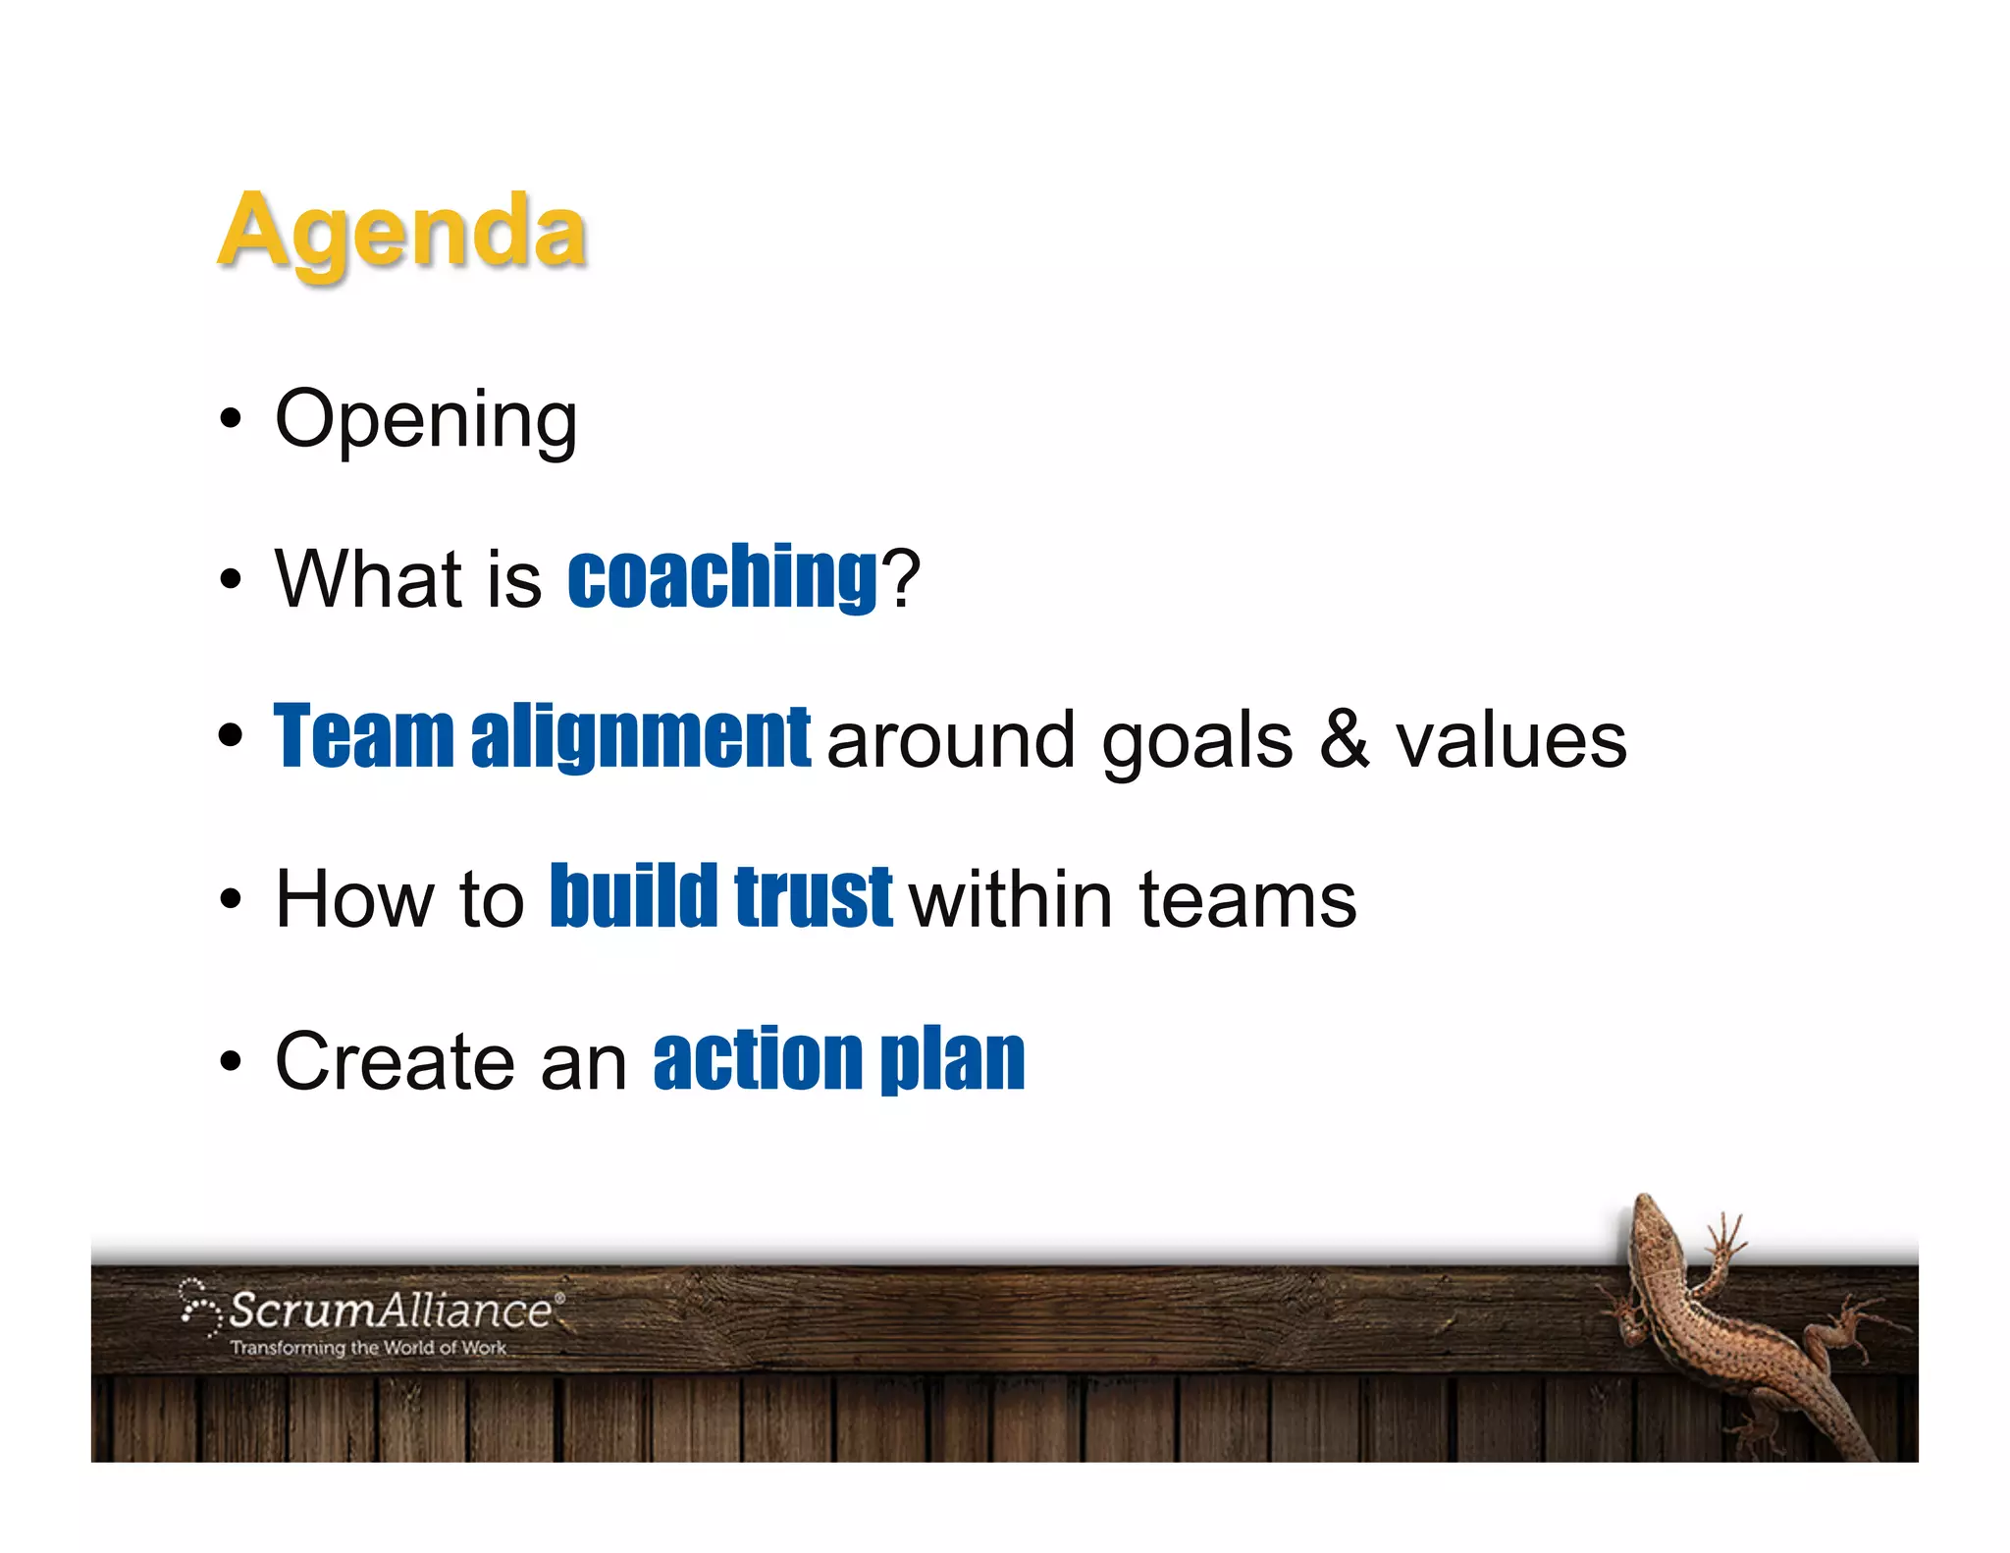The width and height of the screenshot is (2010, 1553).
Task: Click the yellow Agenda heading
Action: pyautogui.click(x=401, y=232)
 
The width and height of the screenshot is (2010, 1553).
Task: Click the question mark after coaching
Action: pyautogui.click(x=901, y=578)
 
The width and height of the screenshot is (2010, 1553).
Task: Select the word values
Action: pyautogui.click(x=1511, y=741)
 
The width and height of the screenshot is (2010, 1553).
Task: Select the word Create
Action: pyautogui.click(x=395, y=1061)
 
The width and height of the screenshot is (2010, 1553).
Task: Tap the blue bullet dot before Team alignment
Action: pyautogui.click(x=231, y=736)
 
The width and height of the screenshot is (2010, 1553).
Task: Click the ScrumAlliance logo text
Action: pyautogui.click(x=391, y=1311)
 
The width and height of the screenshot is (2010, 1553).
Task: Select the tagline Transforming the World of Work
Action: pyautogui.click(x=368, y=1348)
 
